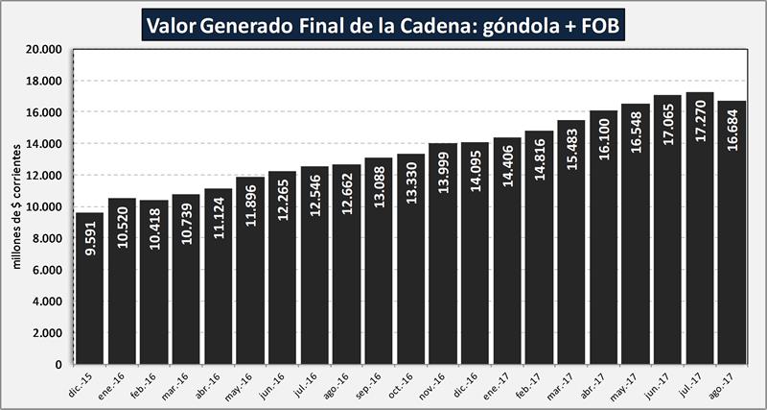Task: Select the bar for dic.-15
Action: (x=88, y=288)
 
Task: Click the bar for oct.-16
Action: (x=411, y=288)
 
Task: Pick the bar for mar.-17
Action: (x=572, y=288)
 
